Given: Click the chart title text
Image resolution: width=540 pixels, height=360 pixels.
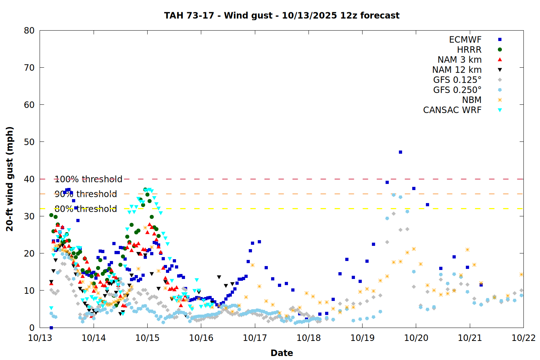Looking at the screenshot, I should pos(282,15).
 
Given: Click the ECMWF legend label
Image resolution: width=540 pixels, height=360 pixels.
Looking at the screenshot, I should pos(465,40).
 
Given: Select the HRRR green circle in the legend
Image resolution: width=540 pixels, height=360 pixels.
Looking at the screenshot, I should pos(500,50).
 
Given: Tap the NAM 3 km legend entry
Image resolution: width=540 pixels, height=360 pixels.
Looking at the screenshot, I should pos(459,60).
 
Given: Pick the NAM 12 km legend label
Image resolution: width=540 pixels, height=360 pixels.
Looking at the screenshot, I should pos(457,70).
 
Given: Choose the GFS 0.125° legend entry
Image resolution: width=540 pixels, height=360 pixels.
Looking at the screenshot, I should pos(457,80).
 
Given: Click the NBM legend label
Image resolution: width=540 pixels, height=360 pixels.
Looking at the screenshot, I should pos(472,100).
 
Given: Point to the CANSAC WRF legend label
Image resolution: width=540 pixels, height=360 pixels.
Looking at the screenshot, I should pos(452,110).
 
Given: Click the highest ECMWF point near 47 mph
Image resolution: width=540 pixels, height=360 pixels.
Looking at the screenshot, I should pos(400,152).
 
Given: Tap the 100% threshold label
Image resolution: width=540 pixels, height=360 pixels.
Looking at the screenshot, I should pos(88,179).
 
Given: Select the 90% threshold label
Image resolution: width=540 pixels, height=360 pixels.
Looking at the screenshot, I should pos(86,194).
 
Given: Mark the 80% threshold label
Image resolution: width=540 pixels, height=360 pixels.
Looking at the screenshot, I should pos(86,209).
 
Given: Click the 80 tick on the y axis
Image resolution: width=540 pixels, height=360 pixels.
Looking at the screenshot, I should pos(29,31).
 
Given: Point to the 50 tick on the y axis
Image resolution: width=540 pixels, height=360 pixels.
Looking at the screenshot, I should pos(29,142).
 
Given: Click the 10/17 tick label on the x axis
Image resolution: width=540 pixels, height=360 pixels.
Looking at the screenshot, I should pos(255,338).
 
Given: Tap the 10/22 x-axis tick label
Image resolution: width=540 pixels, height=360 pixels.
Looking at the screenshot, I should pos(523,338).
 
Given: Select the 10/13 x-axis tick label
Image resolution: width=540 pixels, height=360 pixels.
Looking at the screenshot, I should pos(40,338).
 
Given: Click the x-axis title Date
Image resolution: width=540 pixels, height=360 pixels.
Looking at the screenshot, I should pos(282,353).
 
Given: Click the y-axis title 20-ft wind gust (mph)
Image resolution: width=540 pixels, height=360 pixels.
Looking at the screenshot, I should pos(10,179).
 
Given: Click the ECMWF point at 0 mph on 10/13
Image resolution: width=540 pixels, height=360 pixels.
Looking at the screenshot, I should pos(51,328).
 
